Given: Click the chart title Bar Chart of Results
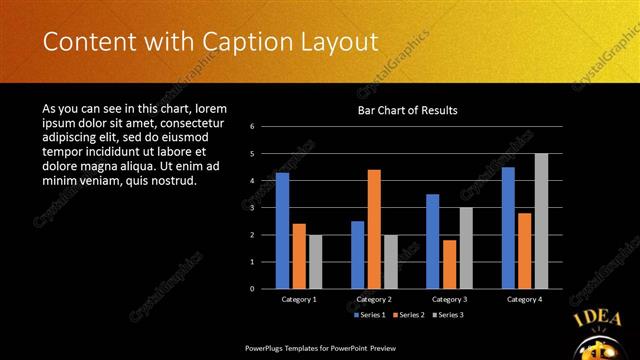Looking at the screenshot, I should (x=407, y=110).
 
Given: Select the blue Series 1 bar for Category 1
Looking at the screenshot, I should (x=282, y=230).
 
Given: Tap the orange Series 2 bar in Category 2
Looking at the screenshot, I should (x=374, y=229).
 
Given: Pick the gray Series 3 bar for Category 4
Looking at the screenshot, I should (x=541, y=221).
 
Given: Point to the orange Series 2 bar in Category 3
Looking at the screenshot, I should (x=449, y=264).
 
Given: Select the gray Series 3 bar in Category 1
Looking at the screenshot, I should (x=315, y=261).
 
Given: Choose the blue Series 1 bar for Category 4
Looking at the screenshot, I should (x=508, y=227).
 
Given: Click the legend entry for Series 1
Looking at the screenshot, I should (x=369, y=315).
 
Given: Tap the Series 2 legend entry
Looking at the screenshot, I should (x=409, y=315).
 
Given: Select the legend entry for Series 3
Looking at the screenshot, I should (x=449, y=315).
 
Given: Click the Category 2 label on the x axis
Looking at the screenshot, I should (x=374, y=299).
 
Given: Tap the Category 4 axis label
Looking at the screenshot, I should (x=524, y=299).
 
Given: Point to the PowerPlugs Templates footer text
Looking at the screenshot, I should (x=319, y=349).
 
